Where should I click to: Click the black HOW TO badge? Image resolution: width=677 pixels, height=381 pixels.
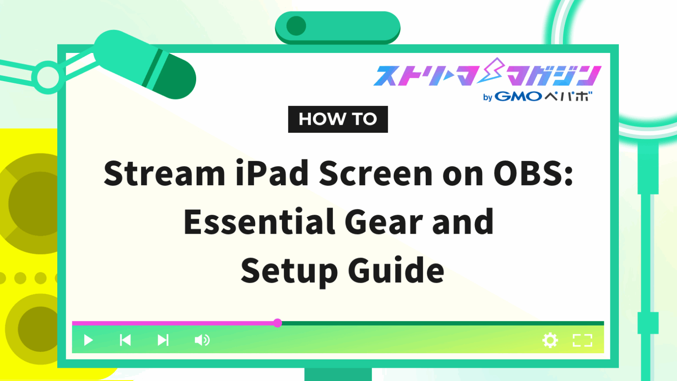coord(338,119)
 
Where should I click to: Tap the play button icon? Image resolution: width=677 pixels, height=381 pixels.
coord(88,340)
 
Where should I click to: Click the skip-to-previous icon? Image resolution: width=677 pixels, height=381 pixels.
coord(125,340)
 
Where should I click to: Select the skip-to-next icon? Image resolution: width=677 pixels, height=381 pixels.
coord(163,340)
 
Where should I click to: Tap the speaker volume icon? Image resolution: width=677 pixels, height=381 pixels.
coord(202,340)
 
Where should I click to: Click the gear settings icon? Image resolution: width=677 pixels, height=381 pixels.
coord(550,340)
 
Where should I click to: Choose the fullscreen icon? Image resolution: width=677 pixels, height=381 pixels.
coord(582,340)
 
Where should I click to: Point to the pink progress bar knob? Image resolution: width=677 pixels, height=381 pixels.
coord(277,323)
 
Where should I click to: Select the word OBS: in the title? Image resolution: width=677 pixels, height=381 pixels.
coord(533,173)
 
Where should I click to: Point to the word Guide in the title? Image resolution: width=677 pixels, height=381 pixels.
coord(396,271)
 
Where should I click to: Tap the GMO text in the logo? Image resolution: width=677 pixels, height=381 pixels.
coord(518,96)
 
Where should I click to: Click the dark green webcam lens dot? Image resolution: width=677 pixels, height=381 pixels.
coord(296,26)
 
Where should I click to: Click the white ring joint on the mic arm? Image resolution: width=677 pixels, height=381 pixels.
coord(48,77)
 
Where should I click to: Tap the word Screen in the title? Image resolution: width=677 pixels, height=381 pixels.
coord(376,173)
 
